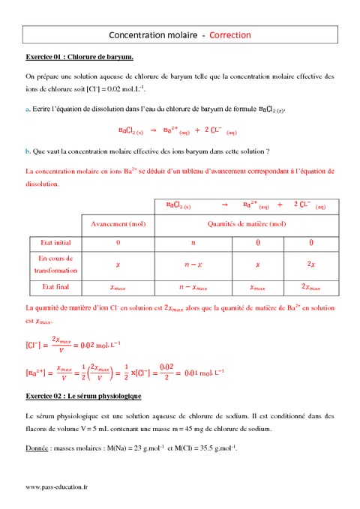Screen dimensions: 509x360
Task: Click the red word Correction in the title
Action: pyautogui.click(x=230, y=35)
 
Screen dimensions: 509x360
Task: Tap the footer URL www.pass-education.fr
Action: pyautogui.click(x=61, y=487)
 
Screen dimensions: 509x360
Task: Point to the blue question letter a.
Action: pyautogui.click(x=27, y=110)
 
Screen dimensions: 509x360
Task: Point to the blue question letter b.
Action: pyautogui.click(x=27, y=151)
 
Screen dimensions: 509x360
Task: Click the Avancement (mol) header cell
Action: pyautogui.click(x=118, y=223)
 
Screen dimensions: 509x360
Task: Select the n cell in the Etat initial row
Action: pyautogui.click(x=193, y=243)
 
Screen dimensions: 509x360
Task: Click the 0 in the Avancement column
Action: pyautogui.click(x=118, y=243)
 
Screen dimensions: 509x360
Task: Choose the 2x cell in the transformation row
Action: pyautogui.click(x=311, y=265)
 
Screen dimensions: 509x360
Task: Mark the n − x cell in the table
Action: pyautogui.click(x=193, y=265)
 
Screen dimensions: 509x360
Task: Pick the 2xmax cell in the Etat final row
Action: pyautogui.click(x=311, y=286)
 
